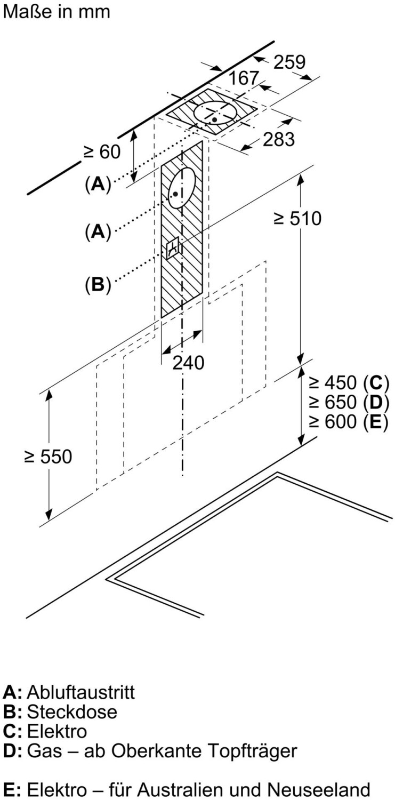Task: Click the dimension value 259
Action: [x=289, y=62]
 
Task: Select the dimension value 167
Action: [x=244, y=78]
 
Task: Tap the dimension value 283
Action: [x=279, y=139]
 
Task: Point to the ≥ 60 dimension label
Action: [x=102, y=152]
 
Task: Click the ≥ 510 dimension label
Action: [x=297, y=218]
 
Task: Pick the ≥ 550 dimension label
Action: [x=47, y=457]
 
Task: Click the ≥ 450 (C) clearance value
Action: [x=349, y=383]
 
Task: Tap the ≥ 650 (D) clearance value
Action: [x=349, y=402]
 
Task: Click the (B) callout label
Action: [x=98, y=285]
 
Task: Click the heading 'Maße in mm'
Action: [x=57, y=12]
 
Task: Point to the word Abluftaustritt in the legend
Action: [x=80, y=692]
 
